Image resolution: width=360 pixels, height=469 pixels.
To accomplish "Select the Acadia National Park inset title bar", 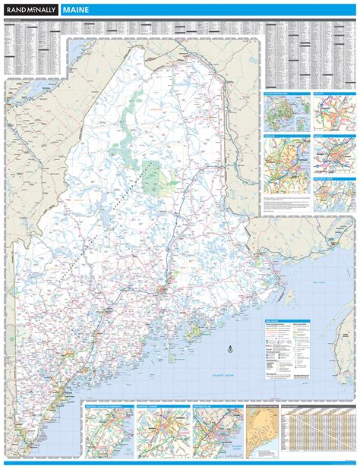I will (286, 94).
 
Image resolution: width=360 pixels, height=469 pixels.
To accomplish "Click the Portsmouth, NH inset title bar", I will (218, 405).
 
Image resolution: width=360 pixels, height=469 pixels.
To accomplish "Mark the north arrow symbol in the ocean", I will (229, 351).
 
